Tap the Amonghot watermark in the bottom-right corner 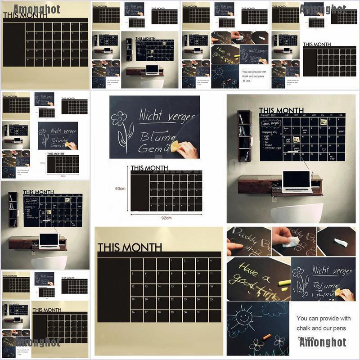(x=323, y=342)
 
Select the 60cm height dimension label (x=120, y=189)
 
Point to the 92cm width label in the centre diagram (x=166, y=218)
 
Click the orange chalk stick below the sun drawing (x=266, y=336)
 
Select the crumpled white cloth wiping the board (x=292, y=242)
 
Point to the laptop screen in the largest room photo (x=297, y=180)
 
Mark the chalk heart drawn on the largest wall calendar (x=323, y=149)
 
